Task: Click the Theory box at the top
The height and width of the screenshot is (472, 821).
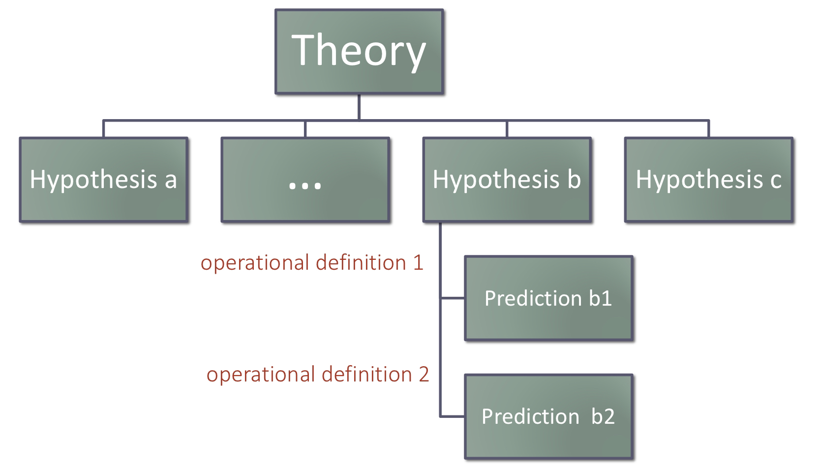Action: pos(359,51)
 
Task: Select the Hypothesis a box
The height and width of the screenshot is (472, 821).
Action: pos(103,180)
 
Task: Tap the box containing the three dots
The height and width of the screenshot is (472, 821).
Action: pos(305,180)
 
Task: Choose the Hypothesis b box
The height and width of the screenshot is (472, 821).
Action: pos(507,180)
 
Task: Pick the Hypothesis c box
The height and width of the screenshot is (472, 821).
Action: pos(708,180)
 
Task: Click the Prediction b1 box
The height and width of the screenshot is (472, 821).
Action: pos(548,298)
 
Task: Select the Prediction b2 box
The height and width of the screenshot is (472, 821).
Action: pos(548,416)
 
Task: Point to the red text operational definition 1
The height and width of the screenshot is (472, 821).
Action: pos(312,263)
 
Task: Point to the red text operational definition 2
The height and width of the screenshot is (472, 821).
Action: pos(318,375)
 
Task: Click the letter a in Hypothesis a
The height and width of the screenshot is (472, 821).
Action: pos(170,180)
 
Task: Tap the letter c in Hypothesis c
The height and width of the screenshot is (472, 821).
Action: pos(775,180)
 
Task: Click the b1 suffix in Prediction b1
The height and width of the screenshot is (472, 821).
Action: pos(600,298)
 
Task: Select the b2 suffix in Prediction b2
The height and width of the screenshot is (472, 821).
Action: pos(603,416)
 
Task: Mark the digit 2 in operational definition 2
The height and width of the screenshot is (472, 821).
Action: pos(423,375)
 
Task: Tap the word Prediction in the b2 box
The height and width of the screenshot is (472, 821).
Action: pos(530,416)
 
